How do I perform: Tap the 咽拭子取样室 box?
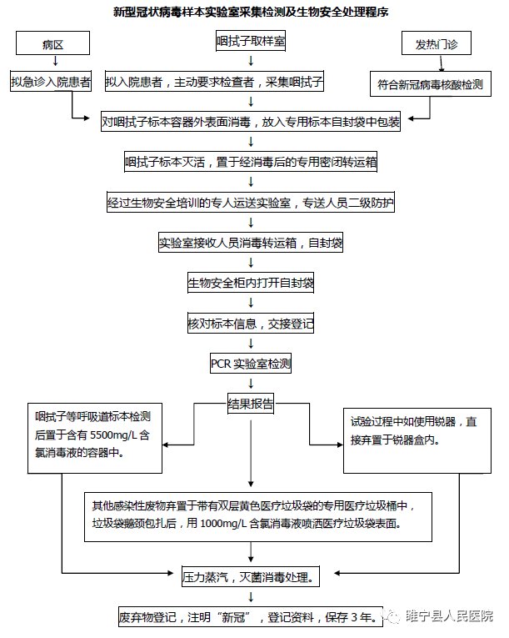pos(252,39)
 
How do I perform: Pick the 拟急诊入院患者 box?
pos(52,83)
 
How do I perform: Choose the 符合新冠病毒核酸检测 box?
pos(429,83)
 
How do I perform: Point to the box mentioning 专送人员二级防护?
pos(251,203)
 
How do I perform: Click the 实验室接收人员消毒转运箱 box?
pos(251,244)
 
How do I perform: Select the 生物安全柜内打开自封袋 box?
pos(251,284)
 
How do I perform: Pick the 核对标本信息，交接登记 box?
pos(251,323)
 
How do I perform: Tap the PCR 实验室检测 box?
pos(251,364)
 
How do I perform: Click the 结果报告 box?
pos(251,404)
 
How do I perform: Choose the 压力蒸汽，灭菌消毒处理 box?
pos(251,575)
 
